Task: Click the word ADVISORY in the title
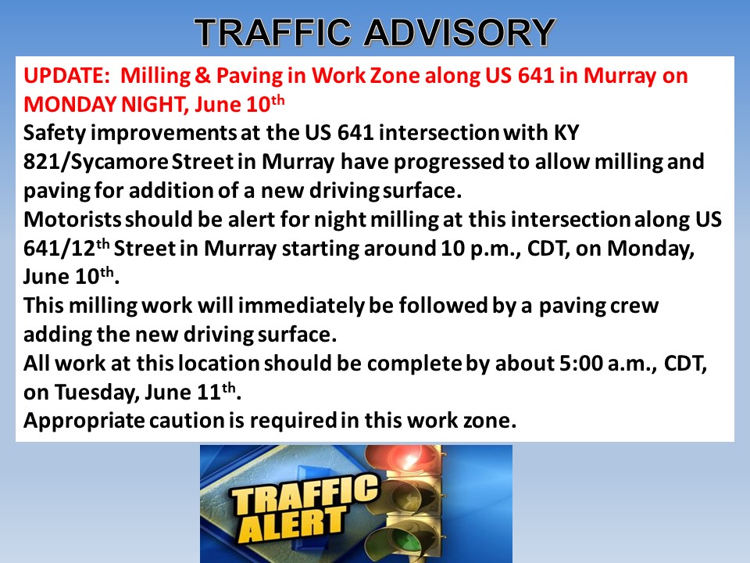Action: pos(459,32)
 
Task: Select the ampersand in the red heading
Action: pos(202,76)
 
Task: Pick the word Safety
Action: pos(55,134)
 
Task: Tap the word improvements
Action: pos(163,134)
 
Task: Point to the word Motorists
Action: pos(72,220)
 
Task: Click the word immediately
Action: pos(301,307)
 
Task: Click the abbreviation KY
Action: pos(566,134)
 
